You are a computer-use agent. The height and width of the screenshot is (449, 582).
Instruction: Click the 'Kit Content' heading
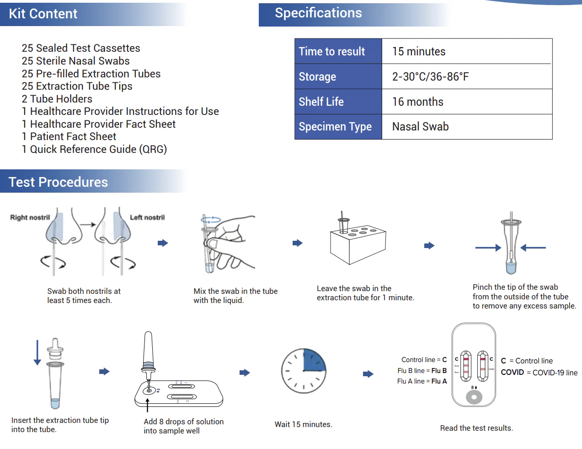pyautogui.click(x=43, y=14)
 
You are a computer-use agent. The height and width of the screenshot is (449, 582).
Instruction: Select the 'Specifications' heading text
pyautogui.click(x=318, y=13)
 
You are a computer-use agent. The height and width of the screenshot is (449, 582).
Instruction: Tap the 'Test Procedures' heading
pyautogui.click(x=58, y=182)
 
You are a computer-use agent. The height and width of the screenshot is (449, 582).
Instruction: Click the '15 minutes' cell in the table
pyautogui.click(x=419, y=51)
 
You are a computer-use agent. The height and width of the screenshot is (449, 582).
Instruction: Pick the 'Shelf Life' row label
pyautogui.click(x=321, y=102)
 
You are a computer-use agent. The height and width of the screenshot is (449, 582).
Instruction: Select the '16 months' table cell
pyautogui.click(x=417, y=102)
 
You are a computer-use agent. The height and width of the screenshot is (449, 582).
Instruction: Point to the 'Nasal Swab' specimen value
pyautogui.click(x=420, y=126)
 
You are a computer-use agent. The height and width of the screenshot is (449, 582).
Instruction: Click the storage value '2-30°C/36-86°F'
pyautogui.click(x=430, y=76)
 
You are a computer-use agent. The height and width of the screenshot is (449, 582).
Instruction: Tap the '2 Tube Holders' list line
pyautogui.click(x=57, y=99)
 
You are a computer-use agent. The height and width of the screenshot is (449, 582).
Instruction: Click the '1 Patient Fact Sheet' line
pyautogui.click(x=69, y=136)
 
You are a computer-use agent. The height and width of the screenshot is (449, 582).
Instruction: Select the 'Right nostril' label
pyautogui.click(x=30, y=217)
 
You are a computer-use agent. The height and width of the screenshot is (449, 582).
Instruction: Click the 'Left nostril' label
pyautogui.click(x=147, y=217)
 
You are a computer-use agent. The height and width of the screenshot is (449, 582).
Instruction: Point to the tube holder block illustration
pyautogui.click(x=358, y=244)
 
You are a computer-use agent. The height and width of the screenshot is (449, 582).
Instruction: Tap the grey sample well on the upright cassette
pyautogui.click(x=474, y=397)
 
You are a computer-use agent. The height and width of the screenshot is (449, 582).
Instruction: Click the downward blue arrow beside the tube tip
pyautogui.click(x=37, y=352)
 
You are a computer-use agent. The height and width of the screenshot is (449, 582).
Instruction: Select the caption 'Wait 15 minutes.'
pyautogui.click(x=304, y=424)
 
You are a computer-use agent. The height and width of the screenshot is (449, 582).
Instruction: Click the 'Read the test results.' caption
pyautogui.click(x=476, y=428)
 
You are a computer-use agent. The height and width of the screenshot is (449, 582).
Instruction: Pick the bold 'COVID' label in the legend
pyautogui.click(x=512, y=372)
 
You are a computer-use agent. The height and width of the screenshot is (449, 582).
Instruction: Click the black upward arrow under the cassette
pyautogui.click(x=147, y=405)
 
